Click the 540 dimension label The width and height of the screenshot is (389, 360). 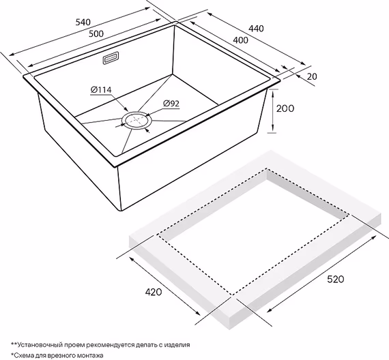83,22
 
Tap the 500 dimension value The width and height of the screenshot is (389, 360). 96,33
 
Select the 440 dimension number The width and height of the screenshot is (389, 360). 256,29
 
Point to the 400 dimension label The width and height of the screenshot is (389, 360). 240,40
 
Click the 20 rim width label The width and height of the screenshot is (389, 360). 312,76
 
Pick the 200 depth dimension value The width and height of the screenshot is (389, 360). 285,108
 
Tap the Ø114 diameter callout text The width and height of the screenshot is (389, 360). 101,90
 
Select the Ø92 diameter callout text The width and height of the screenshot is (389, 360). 171,104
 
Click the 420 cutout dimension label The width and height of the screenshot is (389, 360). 154,292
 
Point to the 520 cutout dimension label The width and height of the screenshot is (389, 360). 336,279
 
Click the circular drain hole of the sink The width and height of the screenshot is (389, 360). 136,121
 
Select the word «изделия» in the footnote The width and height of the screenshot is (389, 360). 178,345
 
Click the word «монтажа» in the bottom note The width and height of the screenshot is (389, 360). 91,355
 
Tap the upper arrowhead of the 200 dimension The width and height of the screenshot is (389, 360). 273,93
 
